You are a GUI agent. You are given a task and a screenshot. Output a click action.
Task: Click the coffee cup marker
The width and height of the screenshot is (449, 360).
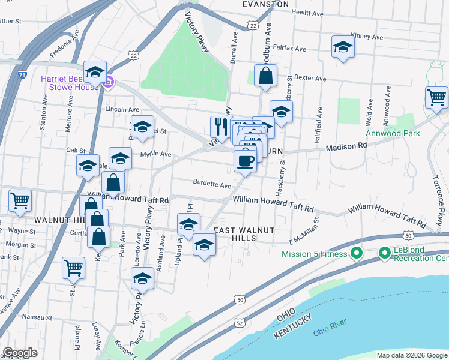(245, 161)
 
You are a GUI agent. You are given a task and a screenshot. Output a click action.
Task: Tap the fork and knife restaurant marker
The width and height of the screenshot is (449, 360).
(219, 127)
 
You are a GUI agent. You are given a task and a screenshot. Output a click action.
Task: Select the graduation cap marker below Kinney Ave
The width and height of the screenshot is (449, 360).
(342, 47)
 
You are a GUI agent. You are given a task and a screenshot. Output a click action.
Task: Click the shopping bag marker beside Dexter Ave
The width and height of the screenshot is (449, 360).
(265, 76)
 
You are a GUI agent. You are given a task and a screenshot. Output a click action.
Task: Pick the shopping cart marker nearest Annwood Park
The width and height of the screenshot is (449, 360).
(436, 97)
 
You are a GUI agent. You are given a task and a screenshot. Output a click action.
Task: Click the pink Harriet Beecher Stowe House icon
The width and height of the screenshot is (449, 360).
(109, 82)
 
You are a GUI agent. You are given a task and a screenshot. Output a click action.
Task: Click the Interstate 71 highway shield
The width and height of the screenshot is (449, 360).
(22, 75)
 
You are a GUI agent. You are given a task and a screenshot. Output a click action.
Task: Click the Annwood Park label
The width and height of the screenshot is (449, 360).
(393, 133)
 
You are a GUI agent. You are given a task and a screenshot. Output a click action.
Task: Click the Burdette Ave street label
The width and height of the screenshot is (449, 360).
(212, 184)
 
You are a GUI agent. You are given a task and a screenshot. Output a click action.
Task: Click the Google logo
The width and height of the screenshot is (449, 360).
(20, 353)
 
